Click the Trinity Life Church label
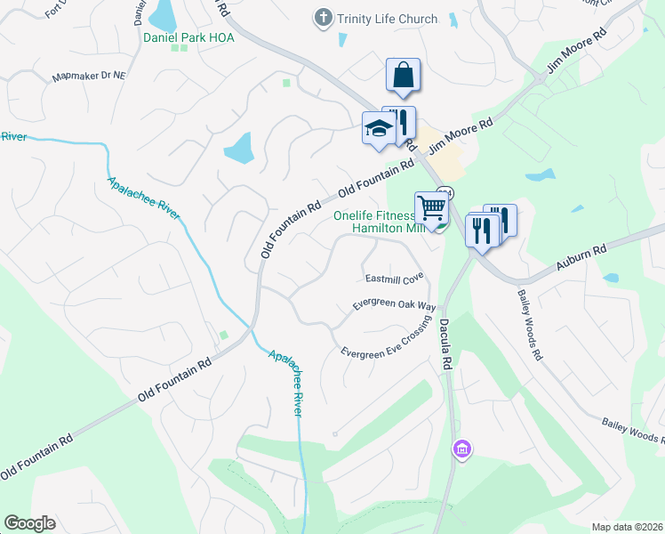[387, 19]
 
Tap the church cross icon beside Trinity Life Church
[323, 18]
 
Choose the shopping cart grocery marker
[431, 207]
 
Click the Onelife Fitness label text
[373, 215]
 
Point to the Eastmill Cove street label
[393, 279]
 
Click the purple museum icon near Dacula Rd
[461, 450]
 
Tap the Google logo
[29, 523]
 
